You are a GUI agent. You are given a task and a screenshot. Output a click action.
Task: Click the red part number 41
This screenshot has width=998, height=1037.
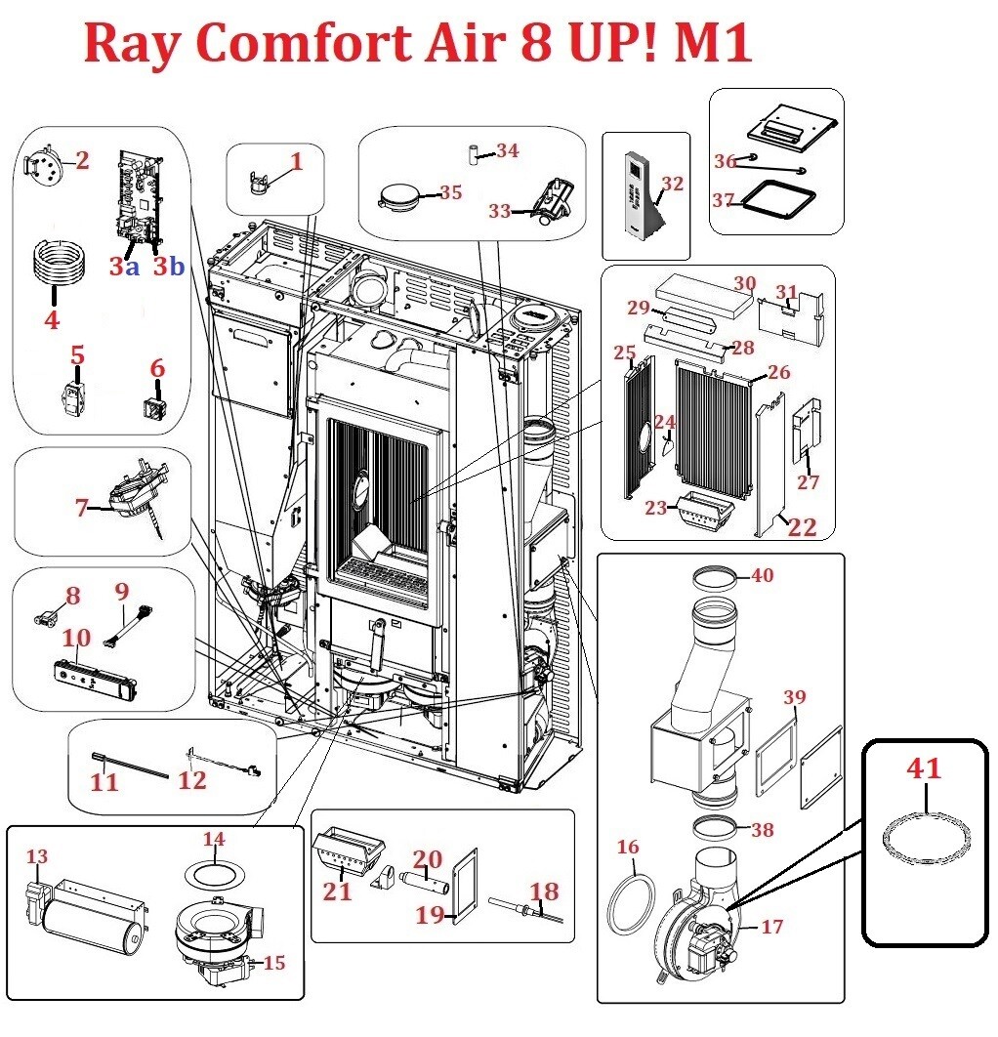coord(923,768)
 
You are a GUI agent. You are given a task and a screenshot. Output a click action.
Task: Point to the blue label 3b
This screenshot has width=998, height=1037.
coord(168,267)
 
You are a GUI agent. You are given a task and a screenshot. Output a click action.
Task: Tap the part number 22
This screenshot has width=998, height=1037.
coord(803,527)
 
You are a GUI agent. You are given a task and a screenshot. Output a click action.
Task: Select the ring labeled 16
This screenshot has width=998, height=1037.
coord(631,905)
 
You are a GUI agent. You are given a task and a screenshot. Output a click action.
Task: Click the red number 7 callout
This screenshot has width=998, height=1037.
coord(82,507)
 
